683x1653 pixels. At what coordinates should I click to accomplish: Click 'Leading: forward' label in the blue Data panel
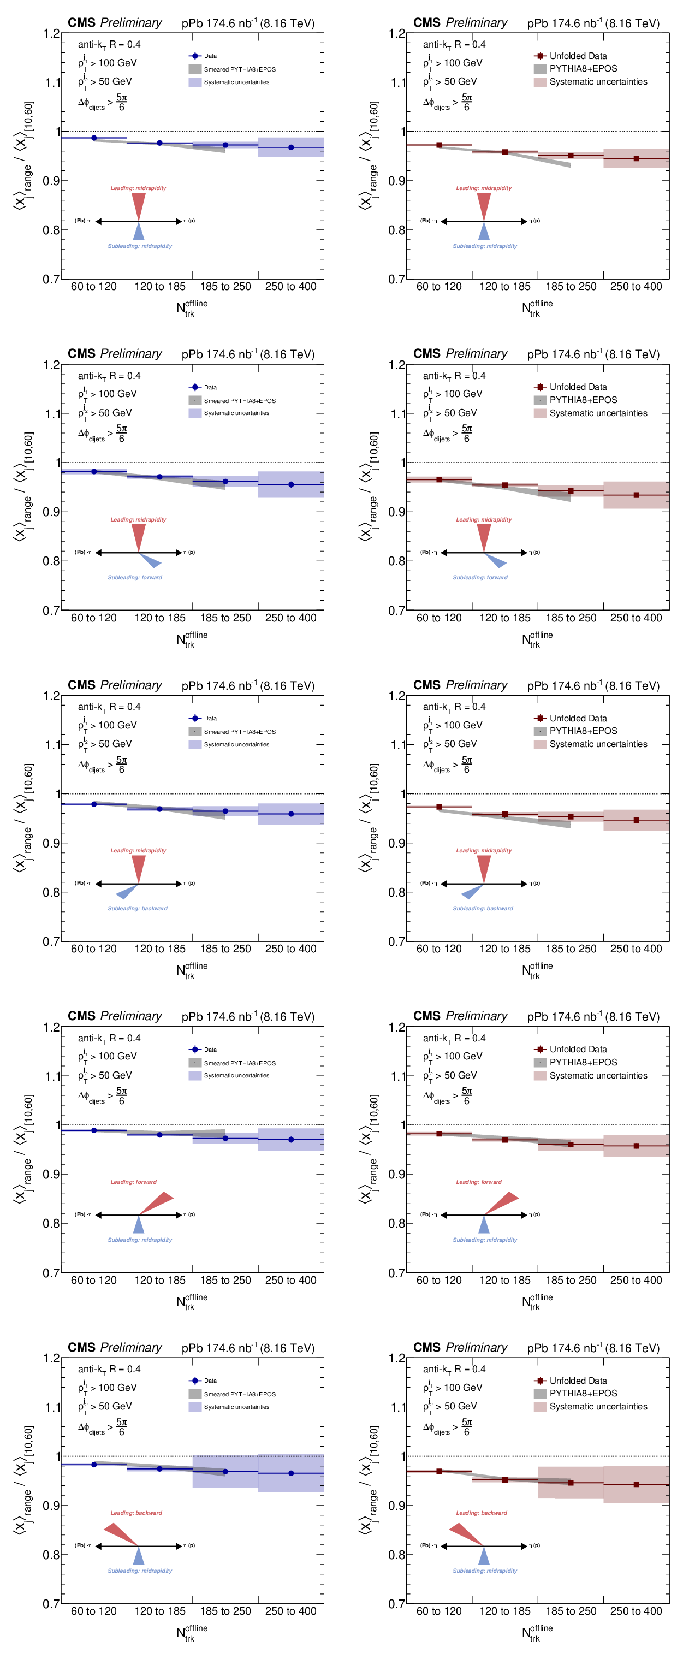[x=133, y=1181]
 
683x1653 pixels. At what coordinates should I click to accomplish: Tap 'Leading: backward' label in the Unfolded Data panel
[x=481, y=1513]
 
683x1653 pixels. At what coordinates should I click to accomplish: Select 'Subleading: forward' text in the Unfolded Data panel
[x=480, y=578]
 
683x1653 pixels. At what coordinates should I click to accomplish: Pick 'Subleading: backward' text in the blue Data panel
[x=137, y=908]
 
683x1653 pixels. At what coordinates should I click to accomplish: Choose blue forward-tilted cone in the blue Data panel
[x=150, y=560]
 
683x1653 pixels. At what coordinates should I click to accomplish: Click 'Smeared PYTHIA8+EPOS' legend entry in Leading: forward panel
[x=239, y=1063]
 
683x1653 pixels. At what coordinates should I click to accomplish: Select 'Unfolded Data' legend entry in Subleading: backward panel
[x=577, y=718]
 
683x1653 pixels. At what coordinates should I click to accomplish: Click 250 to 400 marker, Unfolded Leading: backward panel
[x=636, y=1484]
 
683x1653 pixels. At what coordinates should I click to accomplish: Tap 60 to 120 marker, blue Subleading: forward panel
[x=94, y=472]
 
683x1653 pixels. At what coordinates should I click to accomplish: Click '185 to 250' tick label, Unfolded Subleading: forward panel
[x=571, y=618]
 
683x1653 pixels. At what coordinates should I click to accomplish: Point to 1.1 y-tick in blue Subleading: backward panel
[x=52, y=745]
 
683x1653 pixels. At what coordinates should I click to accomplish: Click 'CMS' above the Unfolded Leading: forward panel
[x=426, y=1016]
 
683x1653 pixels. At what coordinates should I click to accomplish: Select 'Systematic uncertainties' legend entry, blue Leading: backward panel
[x=236, y=1407]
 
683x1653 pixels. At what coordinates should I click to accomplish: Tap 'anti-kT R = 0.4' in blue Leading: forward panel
[x=109, y=1038]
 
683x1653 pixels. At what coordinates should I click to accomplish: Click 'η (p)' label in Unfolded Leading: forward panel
[x=534, y=1214]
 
